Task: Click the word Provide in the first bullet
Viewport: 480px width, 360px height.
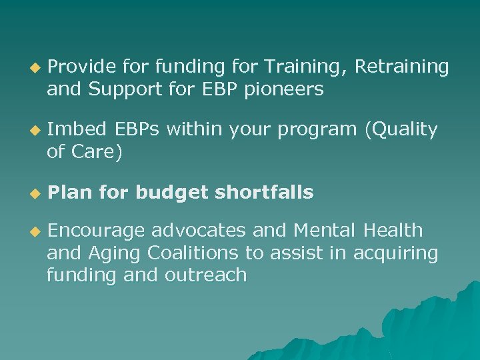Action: [x=81, y=67]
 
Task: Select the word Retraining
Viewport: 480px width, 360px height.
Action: [x=402, y=67]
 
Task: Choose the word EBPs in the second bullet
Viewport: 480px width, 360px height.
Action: [x=137, y=130]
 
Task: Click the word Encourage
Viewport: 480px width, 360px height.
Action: [x=96, y=232]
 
